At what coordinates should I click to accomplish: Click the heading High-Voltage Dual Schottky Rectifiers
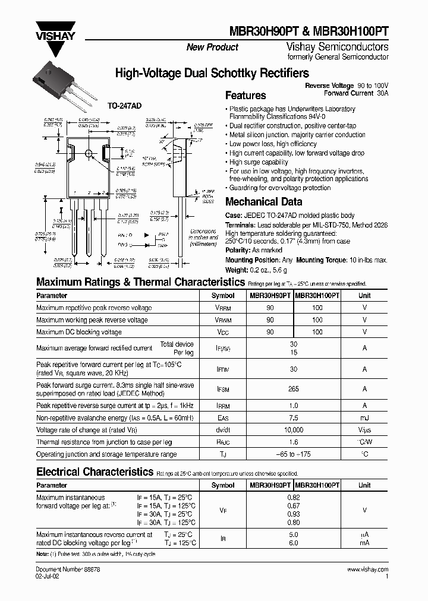212,73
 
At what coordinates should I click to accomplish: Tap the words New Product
212,48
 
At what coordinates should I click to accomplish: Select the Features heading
246,96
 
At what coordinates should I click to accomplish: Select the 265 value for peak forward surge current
292,390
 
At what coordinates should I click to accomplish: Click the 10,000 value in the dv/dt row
293,429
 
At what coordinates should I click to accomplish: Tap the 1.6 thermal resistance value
293,442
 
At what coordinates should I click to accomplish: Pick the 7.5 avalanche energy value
293,417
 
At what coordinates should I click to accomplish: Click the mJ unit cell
364,417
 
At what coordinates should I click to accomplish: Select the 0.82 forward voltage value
293,497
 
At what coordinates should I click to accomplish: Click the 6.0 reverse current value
293,543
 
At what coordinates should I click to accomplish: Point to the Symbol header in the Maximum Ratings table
223,295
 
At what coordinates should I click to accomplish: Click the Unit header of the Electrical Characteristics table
364,485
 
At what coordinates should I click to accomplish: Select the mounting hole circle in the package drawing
89,154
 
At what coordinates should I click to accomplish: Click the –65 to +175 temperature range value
293,454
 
